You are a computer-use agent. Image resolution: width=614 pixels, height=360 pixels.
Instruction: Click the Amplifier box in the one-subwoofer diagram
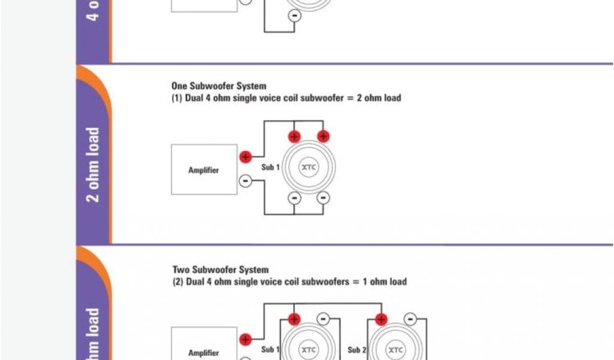coord(204,170)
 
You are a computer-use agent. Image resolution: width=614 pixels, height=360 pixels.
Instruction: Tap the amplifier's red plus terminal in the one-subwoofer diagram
coord(245,157)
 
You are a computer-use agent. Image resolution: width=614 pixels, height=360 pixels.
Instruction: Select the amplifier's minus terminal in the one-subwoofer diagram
coord(245,181)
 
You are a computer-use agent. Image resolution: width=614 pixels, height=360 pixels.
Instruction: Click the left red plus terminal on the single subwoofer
coord(294,136)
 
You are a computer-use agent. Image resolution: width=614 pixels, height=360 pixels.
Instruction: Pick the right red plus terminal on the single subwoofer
coord(323,136)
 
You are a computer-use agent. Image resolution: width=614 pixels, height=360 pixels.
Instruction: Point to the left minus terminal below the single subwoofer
coord(294,197)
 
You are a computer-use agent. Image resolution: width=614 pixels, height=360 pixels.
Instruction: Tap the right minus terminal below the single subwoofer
coord(323,197)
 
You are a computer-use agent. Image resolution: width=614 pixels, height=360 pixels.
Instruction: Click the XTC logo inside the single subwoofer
coord(309,167)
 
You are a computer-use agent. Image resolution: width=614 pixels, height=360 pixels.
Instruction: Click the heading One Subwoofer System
coord(219,86)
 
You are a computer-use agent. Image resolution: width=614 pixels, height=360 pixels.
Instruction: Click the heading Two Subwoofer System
coord(221,270)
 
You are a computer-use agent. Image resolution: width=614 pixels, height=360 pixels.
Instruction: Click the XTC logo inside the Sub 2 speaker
coord(395,349)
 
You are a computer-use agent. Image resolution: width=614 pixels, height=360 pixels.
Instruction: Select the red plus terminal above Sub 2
coord(381,319)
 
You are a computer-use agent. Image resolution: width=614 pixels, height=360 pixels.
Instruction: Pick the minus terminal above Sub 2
coord(410,319)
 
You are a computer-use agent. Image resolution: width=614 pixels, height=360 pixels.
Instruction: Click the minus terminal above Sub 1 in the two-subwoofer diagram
coord(323,319)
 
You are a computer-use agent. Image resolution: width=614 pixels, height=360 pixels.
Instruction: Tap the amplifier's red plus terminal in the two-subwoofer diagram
coord(245,340)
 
